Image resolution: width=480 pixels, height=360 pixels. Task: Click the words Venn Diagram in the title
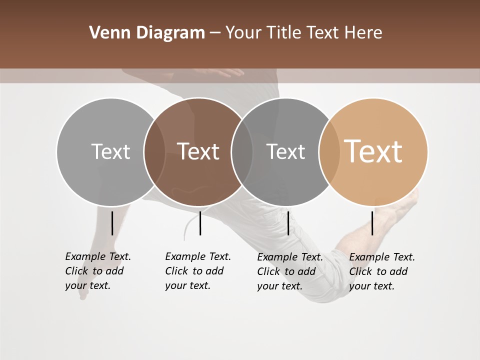(x=147, y=33)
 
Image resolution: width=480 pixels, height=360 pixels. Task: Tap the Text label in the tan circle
(x=373, y=151)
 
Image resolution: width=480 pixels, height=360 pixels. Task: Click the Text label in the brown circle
(x=198, y=151)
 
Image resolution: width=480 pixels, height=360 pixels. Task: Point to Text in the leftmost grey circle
(x=110, y=151)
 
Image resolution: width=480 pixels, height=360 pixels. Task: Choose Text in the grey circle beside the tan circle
(x=285, y=151)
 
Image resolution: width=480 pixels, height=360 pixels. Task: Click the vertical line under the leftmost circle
(x=112, y=223)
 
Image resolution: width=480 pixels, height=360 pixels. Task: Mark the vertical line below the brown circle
(x=200, y=223)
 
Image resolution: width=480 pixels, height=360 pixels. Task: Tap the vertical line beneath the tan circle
(x=372, y=223)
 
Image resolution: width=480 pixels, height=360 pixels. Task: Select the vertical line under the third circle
(x=288, y=223)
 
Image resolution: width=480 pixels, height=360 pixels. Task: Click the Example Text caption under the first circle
(x=97, y=271)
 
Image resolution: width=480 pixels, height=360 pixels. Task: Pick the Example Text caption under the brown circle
(x=197, y=271)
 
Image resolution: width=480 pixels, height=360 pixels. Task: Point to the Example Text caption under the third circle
(x=290, y=271)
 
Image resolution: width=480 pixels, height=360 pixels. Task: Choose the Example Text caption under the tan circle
(x=382, y=271)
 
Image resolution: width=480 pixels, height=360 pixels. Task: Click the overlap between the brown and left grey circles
(x=154, y=151)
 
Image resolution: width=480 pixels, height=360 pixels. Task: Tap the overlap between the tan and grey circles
(x=329, y=151)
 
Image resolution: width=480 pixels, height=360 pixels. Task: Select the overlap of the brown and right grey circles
(x=242, y=151)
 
